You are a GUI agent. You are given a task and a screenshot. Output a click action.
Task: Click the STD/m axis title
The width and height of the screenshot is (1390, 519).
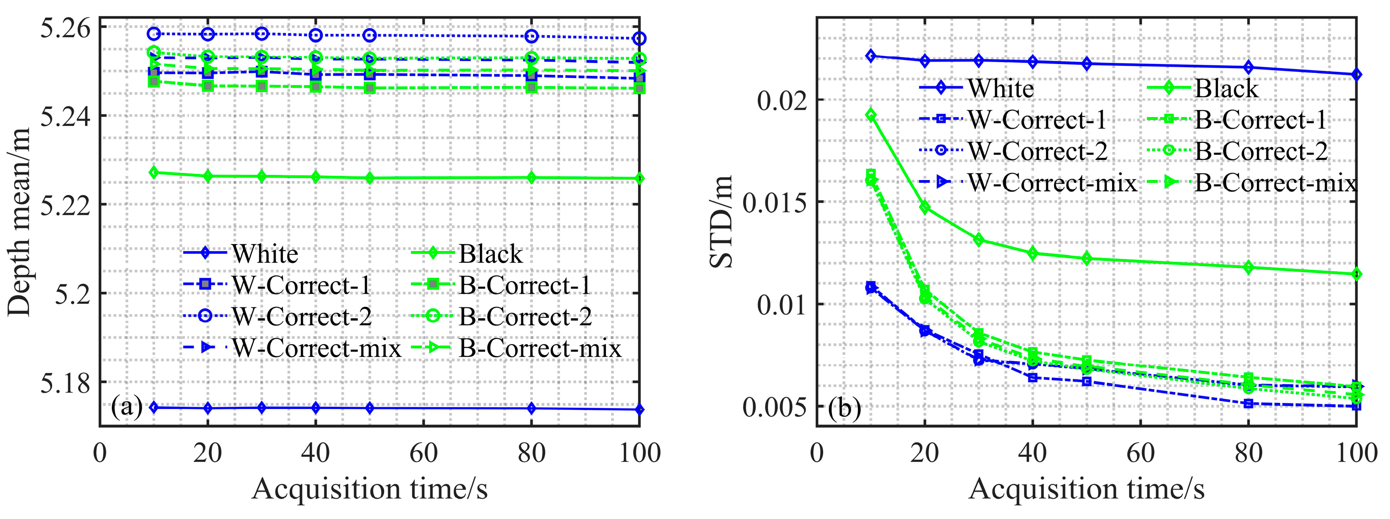(x=722, y=221)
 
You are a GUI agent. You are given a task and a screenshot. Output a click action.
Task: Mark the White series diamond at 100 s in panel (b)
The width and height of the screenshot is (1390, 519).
(x=1356, y=74)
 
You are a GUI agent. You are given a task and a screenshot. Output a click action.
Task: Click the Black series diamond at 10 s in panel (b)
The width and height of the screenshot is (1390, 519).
(x=871, y=114)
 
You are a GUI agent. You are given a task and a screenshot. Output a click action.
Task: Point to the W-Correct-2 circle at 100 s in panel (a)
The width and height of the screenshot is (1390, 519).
(x=639, y=39)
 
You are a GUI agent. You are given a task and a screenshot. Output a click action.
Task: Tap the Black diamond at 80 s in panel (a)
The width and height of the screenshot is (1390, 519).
(x=532, y=178)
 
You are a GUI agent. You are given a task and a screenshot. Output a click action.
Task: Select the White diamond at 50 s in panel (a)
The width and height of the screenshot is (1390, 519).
(x=369, y=408)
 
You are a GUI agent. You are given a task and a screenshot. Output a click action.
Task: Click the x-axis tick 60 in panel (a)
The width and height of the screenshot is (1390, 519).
(x=424, y=453)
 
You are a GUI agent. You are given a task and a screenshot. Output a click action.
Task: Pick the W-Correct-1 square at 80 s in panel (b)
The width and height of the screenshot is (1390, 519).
(x=1248, y=403)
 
